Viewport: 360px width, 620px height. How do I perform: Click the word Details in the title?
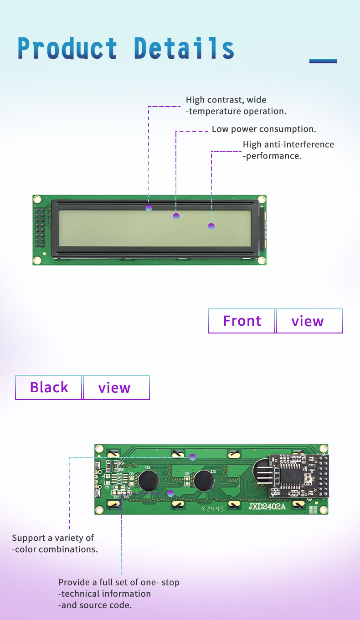(x=184, y=48)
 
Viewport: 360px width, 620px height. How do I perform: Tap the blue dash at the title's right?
(x=323, y=61)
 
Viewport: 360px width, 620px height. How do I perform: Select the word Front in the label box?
(x=242, y=321)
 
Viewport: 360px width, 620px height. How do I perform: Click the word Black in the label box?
(x=49, y=387)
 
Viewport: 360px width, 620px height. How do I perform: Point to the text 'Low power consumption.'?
(x=264, y=129)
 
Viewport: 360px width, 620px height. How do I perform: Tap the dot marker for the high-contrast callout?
(x=149, y=208)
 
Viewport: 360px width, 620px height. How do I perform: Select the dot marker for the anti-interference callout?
(x=211, y=226)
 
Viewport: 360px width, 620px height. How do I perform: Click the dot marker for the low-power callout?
(x=176, y=216)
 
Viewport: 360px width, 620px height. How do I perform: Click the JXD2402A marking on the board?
(x=267, y=507)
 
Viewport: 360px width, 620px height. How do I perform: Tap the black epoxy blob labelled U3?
(x=149, y=481)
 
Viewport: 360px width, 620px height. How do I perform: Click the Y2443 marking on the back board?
(x=213, y=509)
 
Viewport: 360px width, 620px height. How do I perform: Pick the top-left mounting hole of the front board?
(x=37, y=200)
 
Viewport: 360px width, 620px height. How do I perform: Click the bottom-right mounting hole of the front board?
(x=262, y=261)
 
